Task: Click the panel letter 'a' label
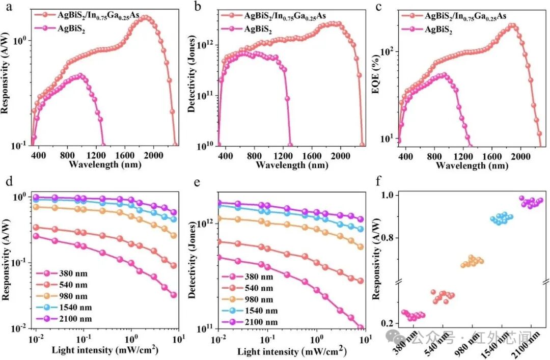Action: pos(9,7)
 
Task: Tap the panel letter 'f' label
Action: pos(378,181)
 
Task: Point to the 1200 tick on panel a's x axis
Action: pos(96,155)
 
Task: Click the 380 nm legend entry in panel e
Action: pos(248,277)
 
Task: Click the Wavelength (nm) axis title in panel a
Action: pos(105,164)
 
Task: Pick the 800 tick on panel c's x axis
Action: pos(434,156)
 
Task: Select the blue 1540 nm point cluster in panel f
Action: pos(502,218)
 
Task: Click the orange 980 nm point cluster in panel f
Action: pos(472,261)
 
